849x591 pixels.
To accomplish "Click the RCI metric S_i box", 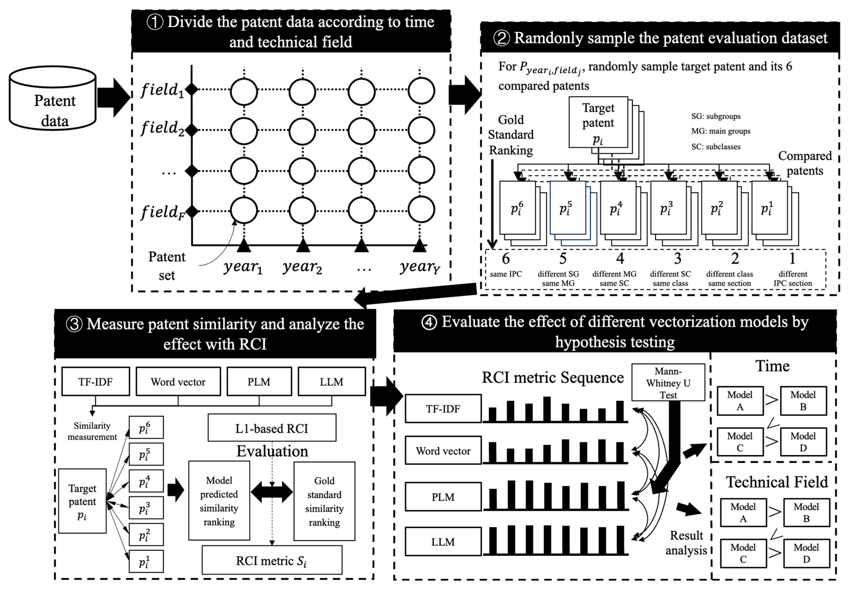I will coord(272,561).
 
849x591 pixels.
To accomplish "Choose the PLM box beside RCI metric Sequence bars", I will coord(443,497).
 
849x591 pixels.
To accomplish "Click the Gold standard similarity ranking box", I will coord(324,501).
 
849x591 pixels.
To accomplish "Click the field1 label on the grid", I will coord(162,90).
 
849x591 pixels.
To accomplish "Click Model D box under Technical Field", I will coord(807,553).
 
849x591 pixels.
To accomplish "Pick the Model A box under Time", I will coord(740,401).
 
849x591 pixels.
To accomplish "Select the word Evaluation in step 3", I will coord(272,451).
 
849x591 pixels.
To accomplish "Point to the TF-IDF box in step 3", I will coord(95,382).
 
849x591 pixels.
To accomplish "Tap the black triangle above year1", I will coord(244,246).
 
